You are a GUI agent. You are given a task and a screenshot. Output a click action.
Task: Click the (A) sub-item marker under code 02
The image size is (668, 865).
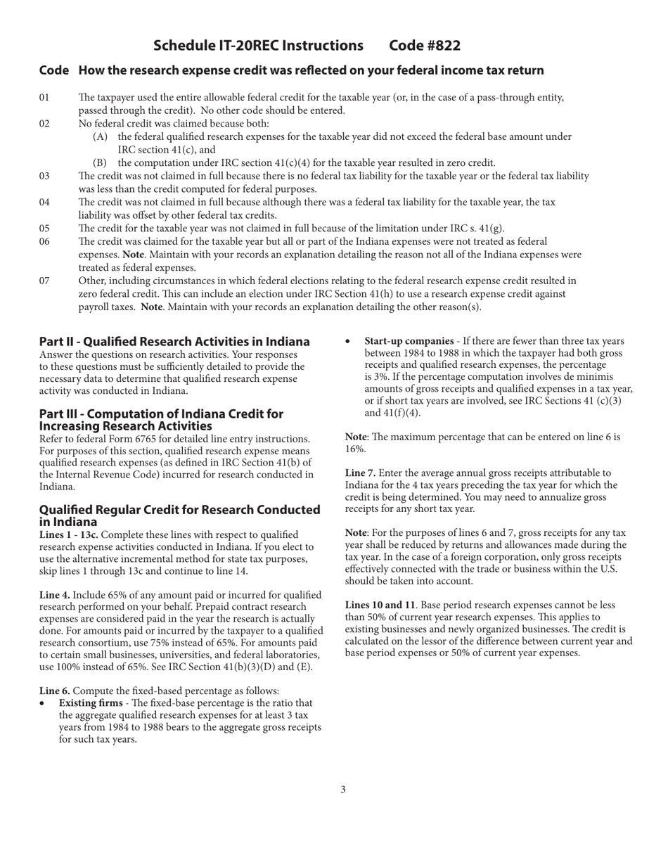[100, 137]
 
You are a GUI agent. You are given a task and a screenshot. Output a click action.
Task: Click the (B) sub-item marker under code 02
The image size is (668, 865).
[100, 163]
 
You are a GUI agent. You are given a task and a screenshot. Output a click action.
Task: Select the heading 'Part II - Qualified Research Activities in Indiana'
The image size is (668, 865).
[174, 341]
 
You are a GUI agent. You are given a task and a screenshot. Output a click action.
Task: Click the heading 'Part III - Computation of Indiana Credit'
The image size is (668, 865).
[161, 414]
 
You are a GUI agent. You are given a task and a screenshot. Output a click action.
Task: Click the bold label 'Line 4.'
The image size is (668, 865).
[55, 595]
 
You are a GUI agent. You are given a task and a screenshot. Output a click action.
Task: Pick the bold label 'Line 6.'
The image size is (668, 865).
[55, 691]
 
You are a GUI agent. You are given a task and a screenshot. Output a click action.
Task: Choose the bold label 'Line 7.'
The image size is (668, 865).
[360, 473]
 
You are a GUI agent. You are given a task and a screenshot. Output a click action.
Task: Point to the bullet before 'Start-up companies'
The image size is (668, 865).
[348, 342]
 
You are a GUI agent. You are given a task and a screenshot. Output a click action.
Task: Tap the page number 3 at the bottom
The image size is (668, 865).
[343, 790]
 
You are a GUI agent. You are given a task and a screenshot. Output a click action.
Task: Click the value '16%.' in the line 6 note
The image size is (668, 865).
[355, 449]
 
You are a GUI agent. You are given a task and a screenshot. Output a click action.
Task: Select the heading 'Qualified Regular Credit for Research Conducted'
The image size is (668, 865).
[179, 510]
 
